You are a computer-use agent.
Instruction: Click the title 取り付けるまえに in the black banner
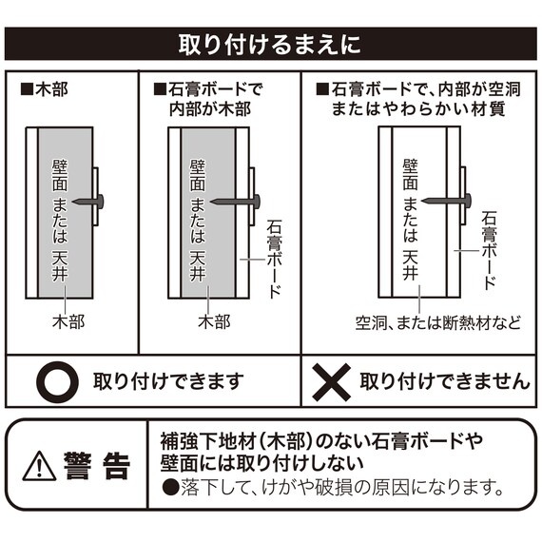point(270,45)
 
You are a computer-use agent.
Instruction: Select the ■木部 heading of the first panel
point(44,93)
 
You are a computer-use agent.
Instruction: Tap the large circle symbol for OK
point(54,382)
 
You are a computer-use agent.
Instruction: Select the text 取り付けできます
point(167,382)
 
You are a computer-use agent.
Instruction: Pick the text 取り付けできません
point(444,382)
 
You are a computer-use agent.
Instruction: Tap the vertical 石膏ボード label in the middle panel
point(275,258)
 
